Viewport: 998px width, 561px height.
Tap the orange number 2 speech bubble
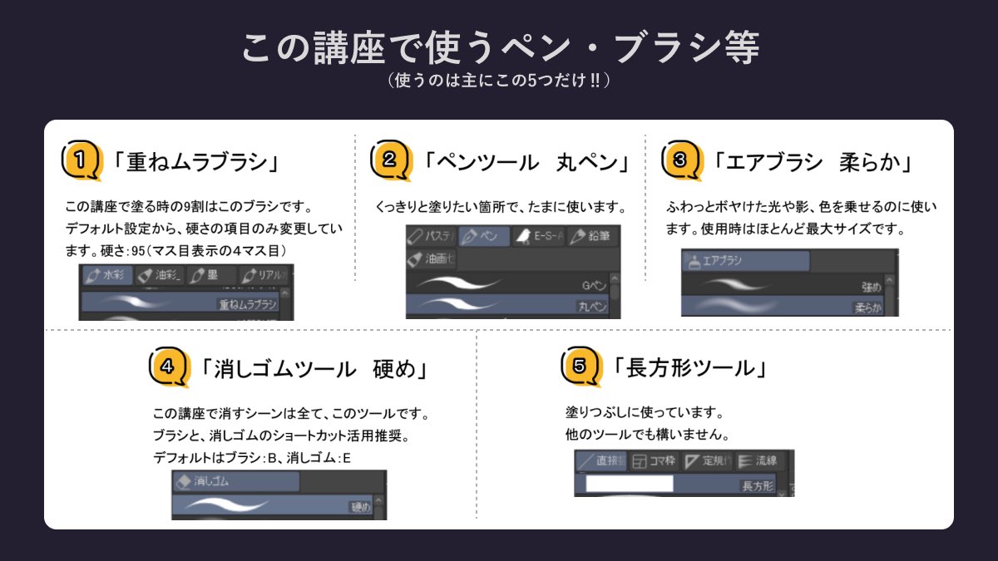click(x=389, y=160)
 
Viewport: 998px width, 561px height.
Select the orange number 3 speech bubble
click(x=679, y=160)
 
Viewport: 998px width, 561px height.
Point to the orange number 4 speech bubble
click(x=166, y=367)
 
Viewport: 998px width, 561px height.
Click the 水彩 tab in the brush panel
click(x=106, y=275)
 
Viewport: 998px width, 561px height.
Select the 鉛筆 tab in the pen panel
click(x=593, y=236)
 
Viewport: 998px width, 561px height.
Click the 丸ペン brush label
click(x=592, y=307)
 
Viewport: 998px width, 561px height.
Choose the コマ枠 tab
click(x=654, y=460)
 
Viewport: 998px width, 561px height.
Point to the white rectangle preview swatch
click(x=630, y=484)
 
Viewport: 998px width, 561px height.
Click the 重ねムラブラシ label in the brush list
click(x=248, y=305)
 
